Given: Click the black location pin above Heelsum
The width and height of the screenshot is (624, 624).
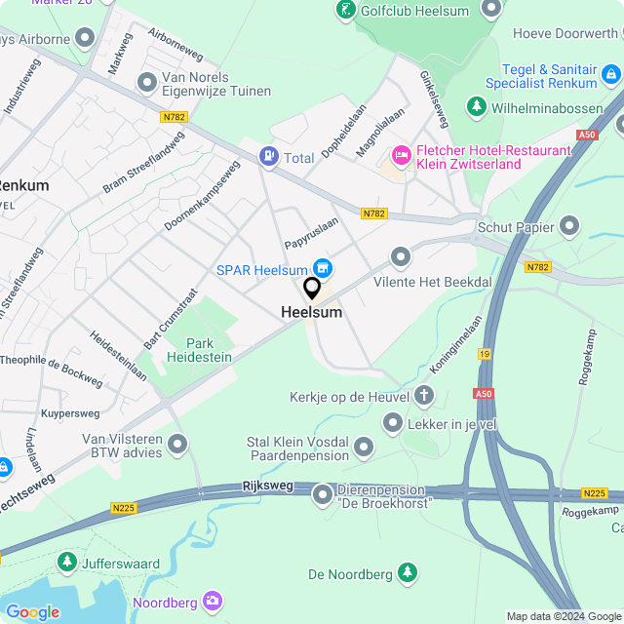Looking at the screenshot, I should pos(312,289).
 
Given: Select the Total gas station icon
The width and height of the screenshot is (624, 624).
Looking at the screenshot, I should pos(268,156).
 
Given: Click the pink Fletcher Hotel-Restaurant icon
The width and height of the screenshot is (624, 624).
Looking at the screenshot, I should pos(401,155).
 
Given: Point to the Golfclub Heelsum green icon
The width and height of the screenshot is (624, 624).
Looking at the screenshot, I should pos(346,11).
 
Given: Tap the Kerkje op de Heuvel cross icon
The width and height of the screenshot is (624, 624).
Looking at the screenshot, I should pos(423,396).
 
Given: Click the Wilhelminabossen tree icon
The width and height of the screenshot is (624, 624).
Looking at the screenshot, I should pos(477,105).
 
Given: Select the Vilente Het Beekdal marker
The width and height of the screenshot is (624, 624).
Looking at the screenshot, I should pos(401,257).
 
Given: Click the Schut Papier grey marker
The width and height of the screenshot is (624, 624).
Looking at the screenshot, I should pos(569,227).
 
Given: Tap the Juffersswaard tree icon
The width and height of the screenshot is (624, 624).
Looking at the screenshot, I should pos(66,562).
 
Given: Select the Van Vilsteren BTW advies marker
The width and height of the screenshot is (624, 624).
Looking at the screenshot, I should pos(177,445).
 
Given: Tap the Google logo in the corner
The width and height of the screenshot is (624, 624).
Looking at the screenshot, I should pos(32,611).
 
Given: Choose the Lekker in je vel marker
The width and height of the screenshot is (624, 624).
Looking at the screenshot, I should pos(393,422).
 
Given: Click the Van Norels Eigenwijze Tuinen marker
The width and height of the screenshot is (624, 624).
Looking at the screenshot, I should pos(147,83).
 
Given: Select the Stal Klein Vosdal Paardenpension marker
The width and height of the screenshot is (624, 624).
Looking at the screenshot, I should pos(364,448).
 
